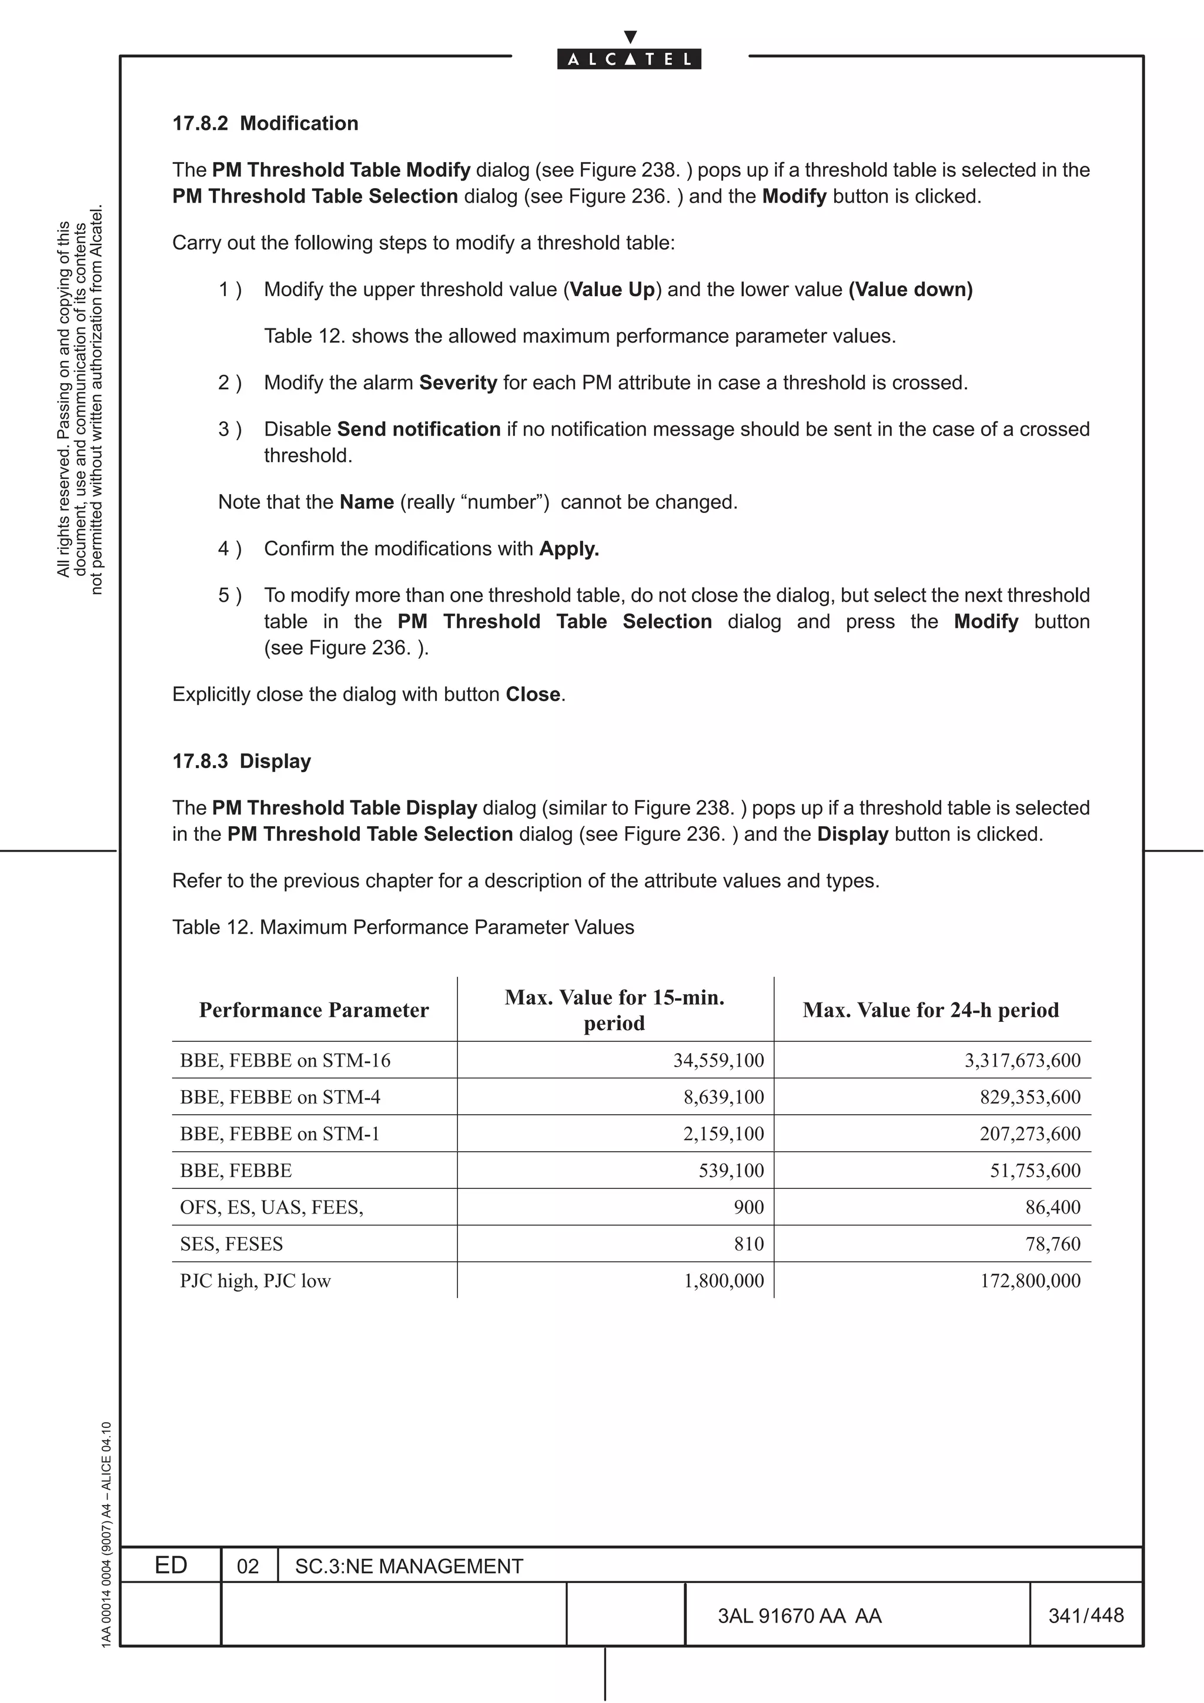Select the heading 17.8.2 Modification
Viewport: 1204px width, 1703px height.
pos(265,123)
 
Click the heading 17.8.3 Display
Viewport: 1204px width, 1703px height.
pos(241,761)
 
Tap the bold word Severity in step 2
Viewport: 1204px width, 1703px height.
pos(458,383)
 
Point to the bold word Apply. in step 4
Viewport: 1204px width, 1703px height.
pos(569,549)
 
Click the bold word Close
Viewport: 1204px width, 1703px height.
pos(533,694)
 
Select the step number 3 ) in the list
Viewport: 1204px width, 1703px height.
pos(229,430)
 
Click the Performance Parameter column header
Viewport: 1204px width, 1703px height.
pos(314,1010)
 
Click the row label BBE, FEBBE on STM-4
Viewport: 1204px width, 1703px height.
pos(280,1097)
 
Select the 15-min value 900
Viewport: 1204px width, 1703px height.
pos(748,1208)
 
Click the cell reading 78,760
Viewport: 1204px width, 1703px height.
pos(1053,1244)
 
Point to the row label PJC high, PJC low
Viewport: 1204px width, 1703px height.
pos(255,1281)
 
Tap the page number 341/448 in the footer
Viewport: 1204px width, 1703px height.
pos(1085,1615)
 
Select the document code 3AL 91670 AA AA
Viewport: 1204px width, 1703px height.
pos(799,1616)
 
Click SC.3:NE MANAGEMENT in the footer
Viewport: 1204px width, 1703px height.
pos(409,1567)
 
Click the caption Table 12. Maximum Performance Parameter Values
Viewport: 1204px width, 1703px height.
pos(403,927)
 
